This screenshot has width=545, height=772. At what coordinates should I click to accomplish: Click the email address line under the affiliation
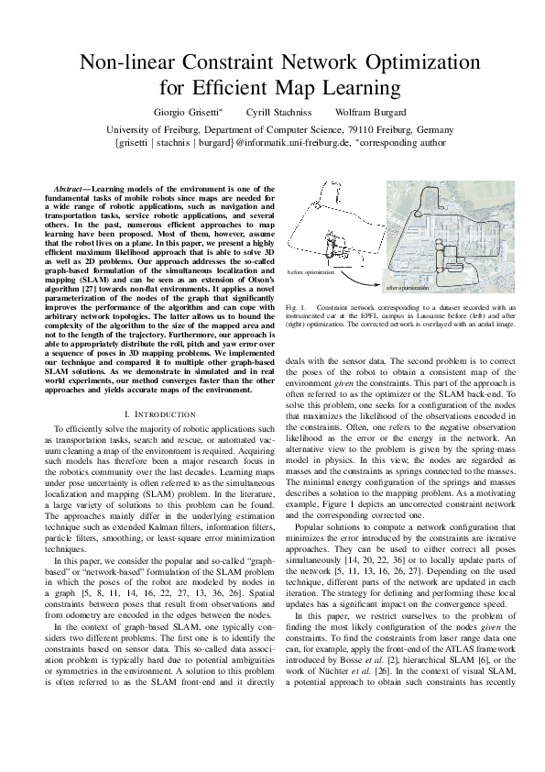[x=272, y=143]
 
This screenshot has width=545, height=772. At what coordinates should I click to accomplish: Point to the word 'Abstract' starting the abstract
[x=71, y=187]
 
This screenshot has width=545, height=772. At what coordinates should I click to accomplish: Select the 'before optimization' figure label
[x=311, y=272]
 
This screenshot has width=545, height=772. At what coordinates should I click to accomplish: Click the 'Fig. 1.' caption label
[x=295, y=307]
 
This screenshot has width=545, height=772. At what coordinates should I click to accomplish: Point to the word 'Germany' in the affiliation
[x=416, y=129]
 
